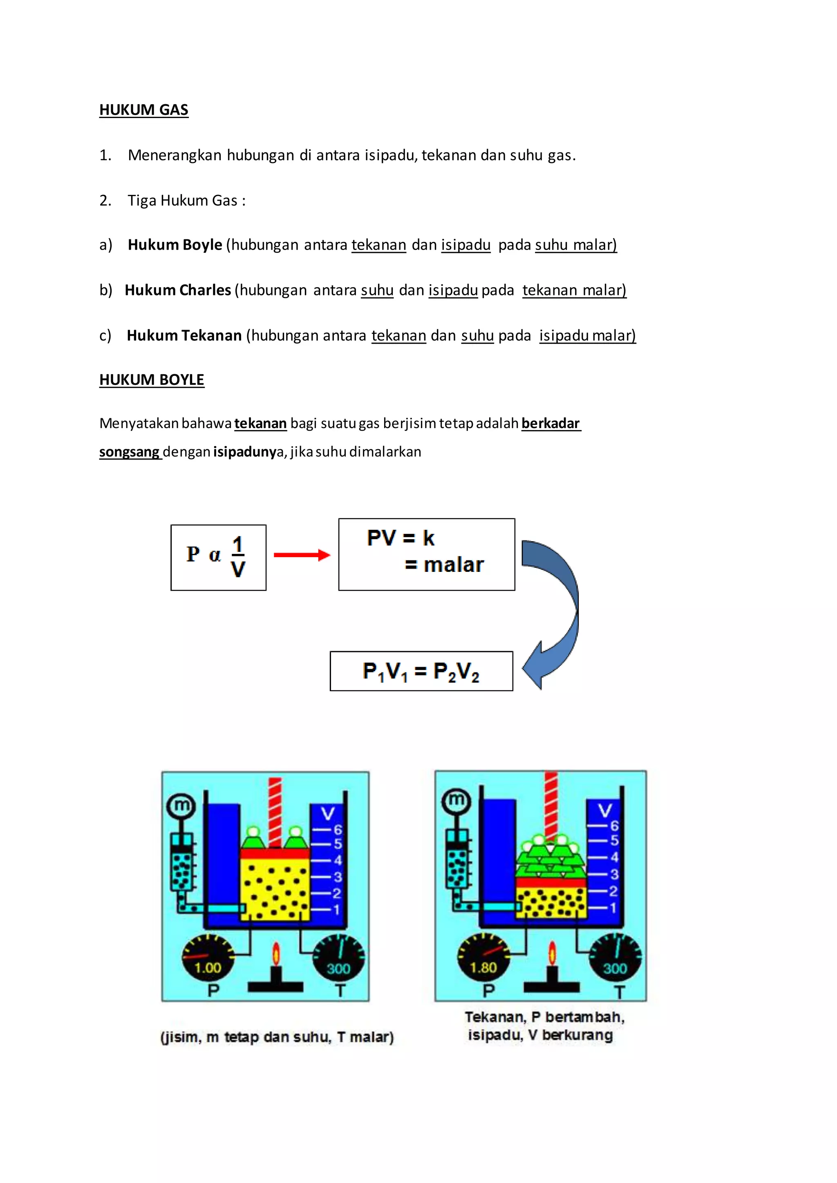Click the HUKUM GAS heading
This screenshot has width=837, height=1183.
(x=143, y=110)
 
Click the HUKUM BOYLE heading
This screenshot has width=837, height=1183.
(x=152, y=380)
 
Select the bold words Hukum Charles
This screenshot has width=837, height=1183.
(x=178, y=290)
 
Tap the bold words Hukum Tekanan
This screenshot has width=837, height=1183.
(x=184, y=335)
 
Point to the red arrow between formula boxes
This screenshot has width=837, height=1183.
(x=302, y=555)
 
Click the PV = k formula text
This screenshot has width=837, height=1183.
(x=401, y=538)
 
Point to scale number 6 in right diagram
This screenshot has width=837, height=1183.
(x=614, y=826)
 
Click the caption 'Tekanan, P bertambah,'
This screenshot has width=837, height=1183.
(x=544, y=1017)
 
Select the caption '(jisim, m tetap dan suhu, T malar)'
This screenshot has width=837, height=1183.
(x=277, y=1037)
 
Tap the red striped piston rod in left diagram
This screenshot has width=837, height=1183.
(x=275, y=812)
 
